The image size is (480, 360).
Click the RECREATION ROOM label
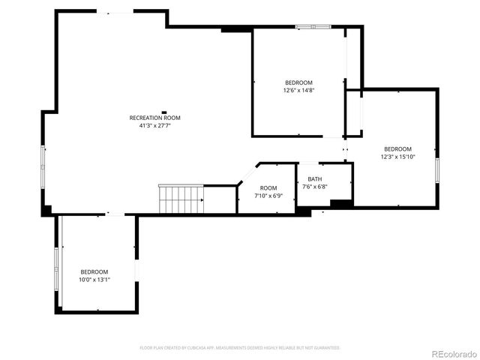154,118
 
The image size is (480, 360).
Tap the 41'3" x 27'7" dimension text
154,126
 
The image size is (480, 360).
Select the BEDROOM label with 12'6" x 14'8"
298,82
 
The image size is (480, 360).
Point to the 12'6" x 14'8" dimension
298,91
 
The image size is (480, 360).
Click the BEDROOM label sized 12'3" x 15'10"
397,148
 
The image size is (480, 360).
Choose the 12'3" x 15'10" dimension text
397,157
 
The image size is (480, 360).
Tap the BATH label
314,179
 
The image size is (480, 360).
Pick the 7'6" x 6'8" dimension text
314,187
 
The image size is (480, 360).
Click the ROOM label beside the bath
268,187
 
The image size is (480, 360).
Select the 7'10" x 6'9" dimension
268,196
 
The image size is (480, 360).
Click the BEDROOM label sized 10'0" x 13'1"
94,271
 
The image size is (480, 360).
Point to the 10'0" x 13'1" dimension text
94,280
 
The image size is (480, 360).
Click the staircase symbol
181,199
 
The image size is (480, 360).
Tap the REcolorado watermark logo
452,353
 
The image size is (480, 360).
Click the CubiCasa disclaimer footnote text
240,348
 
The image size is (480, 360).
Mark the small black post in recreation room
163,112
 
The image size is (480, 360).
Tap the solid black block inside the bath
341,202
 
